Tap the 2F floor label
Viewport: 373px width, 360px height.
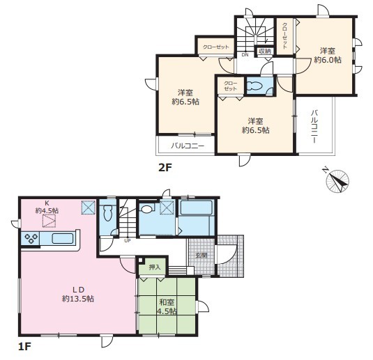[x=165, y=168]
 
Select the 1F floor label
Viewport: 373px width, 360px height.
[x=24, y=347]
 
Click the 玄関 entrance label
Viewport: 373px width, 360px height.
[x=201, y=256]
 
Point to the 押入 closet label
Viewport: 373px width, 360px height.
[x=155, y=267]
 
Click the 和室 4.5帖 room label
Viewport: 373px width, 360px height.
[x=167, y=307]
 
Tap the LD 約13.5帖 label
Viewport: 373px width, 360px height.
[x=78, y=295]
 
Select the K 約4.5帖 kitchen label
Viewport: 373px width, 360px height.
[x=47, y=207]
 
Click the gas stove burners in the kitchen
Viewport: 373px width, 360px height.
[x=31, y=238]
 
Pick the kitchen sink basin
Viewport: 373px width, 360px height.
[x=62, y=239]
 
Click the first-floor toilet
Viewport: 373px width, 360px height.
[x=108, y=212]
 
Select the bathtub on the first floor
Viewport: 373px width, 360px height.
[x=196, y=208]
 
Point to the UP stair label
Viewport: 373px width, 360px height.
[x=128, y=240]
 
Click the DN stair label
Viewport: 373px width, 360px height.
[x=245, y=54]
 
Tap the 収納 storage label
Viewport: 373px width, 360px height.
[x=264, y=51]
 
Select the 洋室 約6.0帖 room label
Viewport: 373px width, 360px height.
[x=328, y=56]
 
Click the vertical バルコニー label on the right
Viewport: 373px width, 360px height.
[x=314, y=127]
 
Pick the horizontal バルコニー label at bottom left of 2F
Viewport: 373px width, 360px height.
[x=188, y=146]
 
